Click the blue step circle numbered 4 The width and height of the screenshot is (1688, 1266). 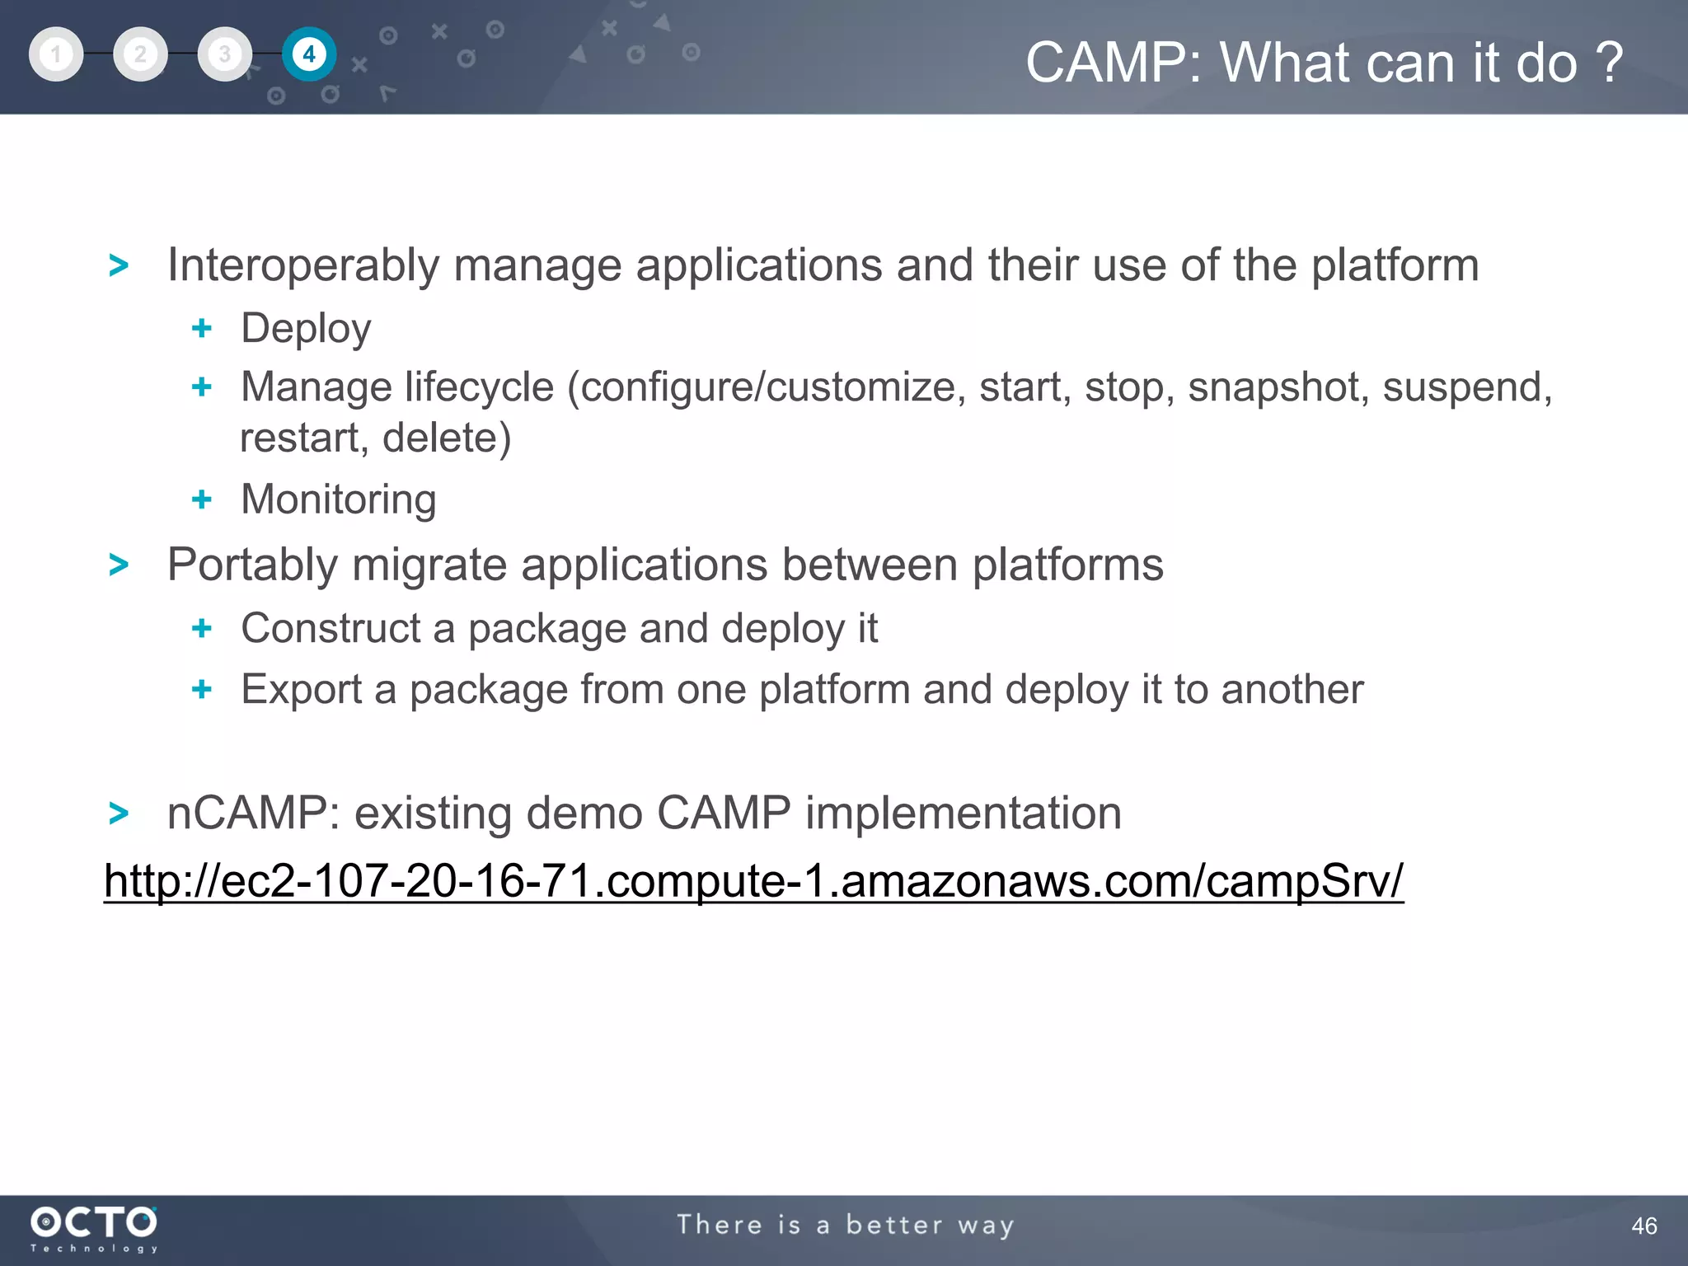coord(309,54)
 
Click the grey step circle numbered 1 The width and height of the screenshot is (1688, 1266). coord(56,54)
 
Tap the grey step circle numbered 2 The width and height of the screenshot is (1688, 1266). coord(140,54)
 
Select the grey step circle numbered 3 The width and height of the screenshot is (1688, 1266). coord(224,54)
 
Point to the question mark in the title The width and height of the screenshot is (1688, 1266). coord(1608,63)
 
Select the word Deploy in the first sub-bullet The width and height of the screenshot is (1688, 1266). coord(306,329)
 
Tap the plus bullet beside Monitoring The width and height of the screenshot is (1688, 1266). coord(202,499)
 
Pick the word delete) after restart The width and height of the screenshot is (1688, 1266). coord(447,438)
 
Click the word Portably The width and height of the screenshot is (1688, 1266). coord(252,565)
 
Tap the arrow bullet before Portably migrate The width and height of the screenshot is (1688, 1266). coord(120,565)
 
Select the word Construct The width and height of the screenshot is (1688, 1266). coord(331,628)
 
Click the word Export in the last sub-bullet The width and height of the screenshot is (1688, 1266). coord(301,689)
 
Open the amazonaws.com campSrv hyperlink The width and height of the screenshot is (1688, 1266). coord(753,881)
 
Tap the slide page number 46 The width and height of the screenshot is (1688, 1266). coord(1643,1226)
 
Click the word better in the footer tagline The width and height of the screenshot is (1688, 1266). coord(894,1226)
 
